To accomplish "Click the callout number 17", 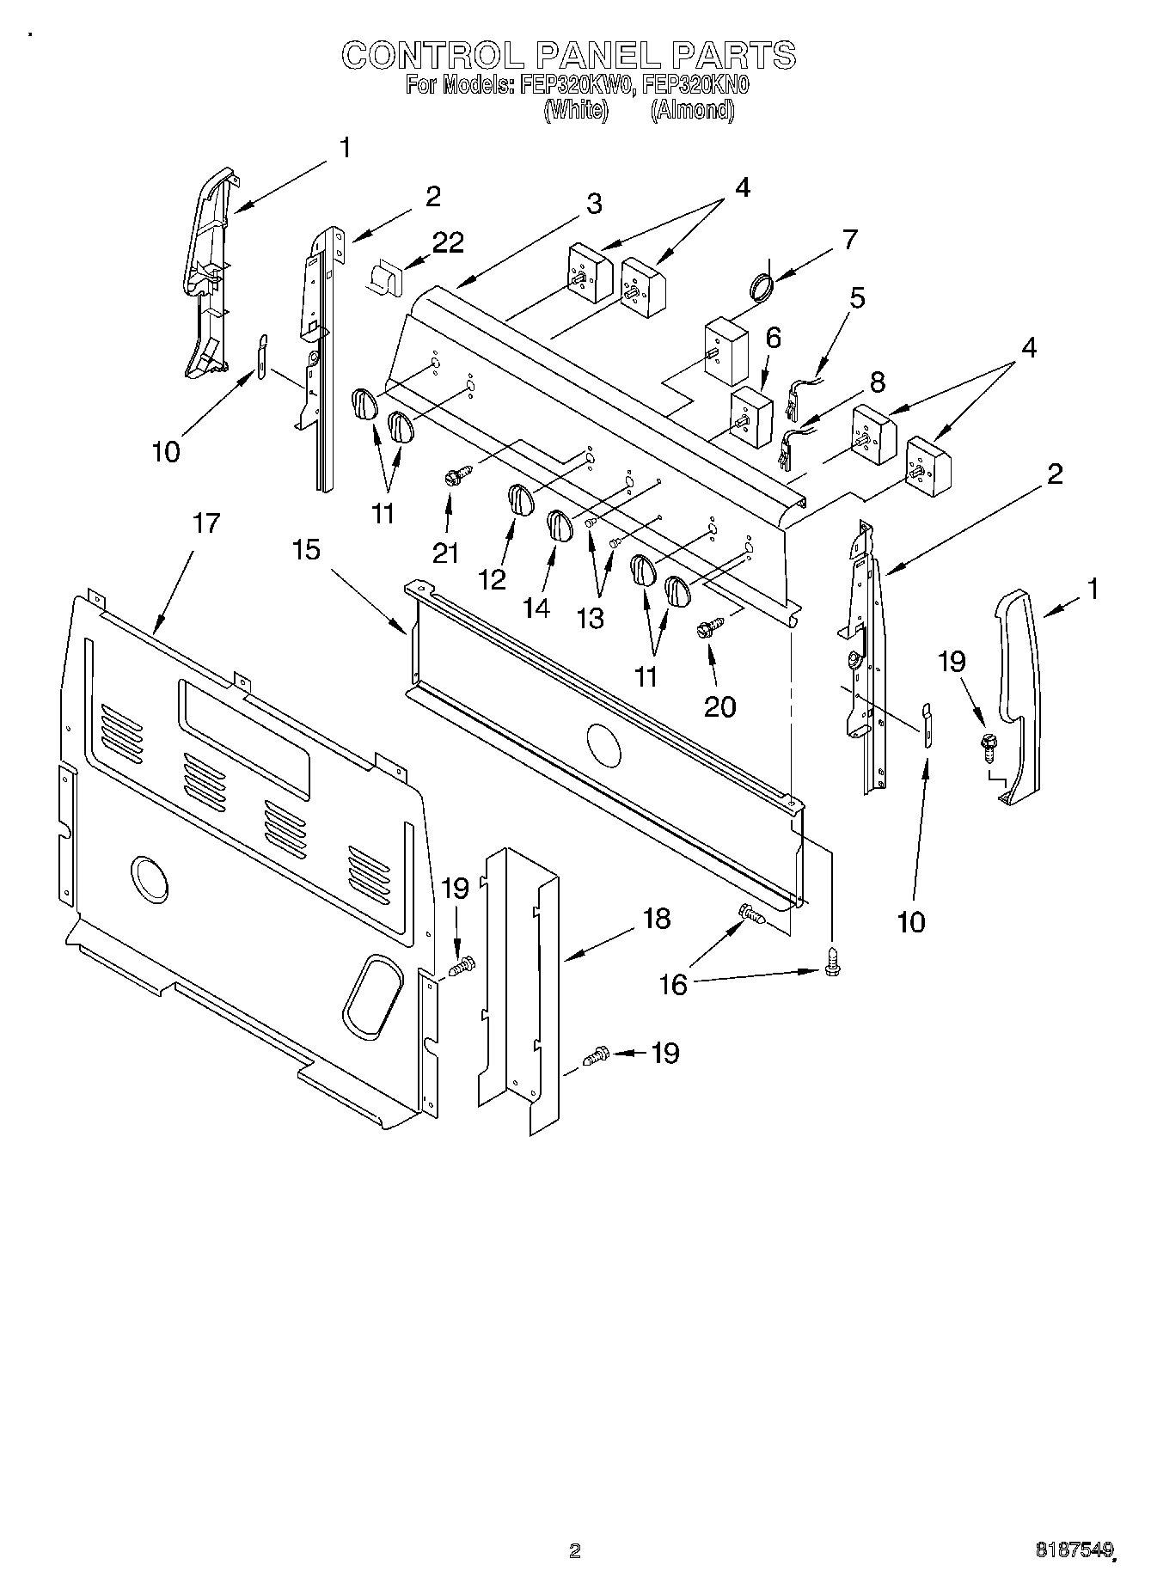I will (x=206, y=523).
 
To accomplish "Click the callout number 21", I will (x=445, y=553).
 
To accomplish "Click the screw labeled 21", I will (x=456, y=474).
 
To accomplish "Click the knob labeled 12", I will (x=518, y=499).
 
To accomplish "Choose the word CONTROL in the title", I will (x=432, y=55).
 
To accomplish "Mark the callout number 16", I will (x=673, y=984).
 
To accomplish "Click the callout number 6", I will (x=773, y=338).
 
